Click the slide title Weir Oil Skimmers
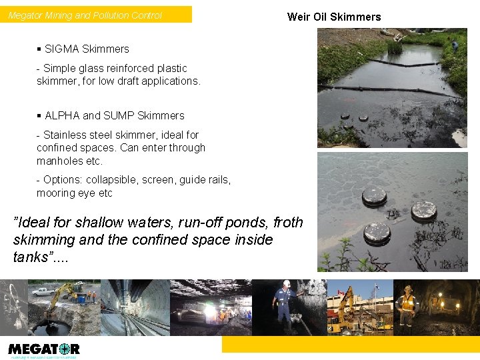coord(334,17)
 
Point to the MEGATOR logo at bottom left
coord(44,349)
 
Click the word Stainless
coord(65,135)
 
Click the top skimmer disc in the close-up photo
coord(374,196)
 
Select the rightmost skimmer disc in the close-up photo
coord(423,211)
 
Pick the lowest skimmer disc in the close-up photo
coord(377,233)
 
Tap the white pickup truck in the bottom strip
coord(43,291)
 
